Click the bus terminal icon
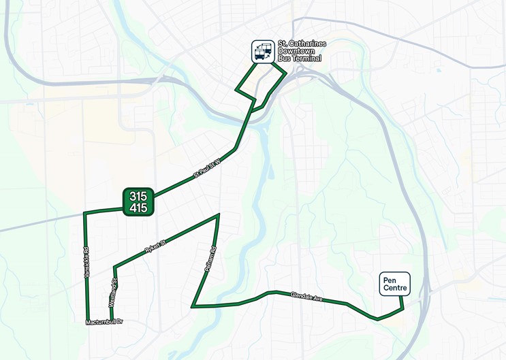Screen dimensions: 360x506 263,51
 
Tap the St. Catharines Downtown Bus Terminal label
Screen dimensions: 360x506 302,51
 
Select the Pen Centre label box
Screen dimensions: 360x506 395,284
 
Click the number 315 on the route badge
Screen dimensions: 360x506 138,196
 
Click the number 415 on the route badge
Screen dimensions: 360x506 138,208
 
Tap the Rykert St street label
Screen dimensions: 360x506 155,247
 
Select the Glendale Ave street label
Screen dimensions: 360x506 306,297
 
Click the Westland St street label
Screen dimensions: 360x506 113,291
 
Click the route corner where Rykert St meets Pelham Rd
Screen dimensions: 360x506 219,215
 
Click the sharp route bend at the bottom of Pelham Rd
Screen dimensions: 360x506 193,306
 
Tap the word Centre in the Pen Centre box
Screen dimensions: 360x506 395,288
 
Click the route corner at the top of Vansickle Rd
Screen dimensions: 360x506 84,213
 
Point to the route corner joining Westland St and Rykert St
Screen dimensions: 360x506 114,265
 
